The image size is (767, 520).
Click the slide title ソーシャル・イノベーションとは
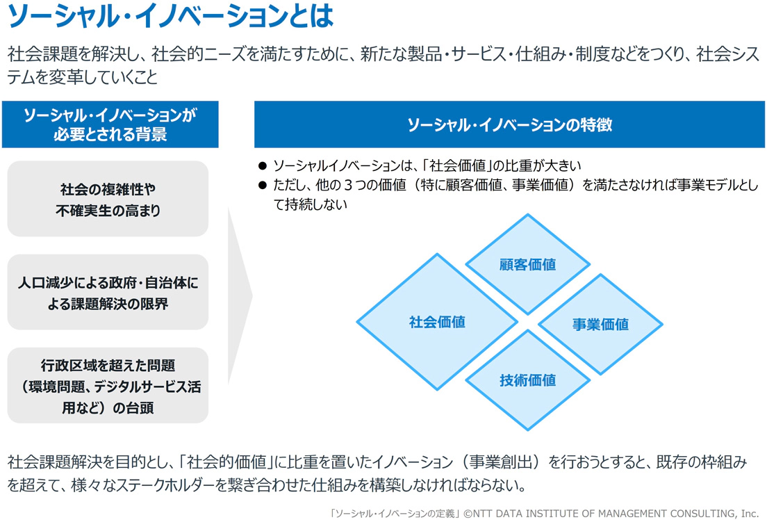[x=170, y=15]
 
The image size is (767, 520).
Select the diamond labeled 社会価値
[x=437, y=322]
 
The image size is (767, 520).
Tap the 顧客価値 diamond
[x=527, y=264]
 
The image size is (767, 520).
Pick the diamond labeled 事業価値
[x=600, y=324]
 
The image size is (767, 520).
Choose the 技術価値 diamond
[x=527, y=380]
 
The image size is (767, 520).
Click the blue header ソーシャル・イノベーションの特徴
[x=509, y=124]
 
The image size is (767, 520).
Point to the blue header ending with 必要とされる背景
[x=110, y=124]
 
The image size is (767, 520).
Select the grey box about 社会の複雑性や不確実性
[x=108, y=199]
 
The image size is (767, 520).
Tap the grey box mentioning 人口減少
[x=108, y=292]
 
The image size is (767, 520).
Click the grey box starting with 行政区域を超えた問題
[x=108, y=386]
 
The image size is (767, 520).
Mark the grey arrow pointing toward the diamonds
[x=240, y=295]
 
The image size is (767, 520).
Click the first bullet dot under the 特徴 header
[x=263, y=166]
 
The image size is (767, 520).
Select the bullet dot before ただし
[x=263, y=185]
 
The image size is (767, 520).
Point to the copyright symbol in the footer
[x=468, y=513]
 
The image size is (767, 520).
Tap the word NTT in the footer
[x=484, y=513]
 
